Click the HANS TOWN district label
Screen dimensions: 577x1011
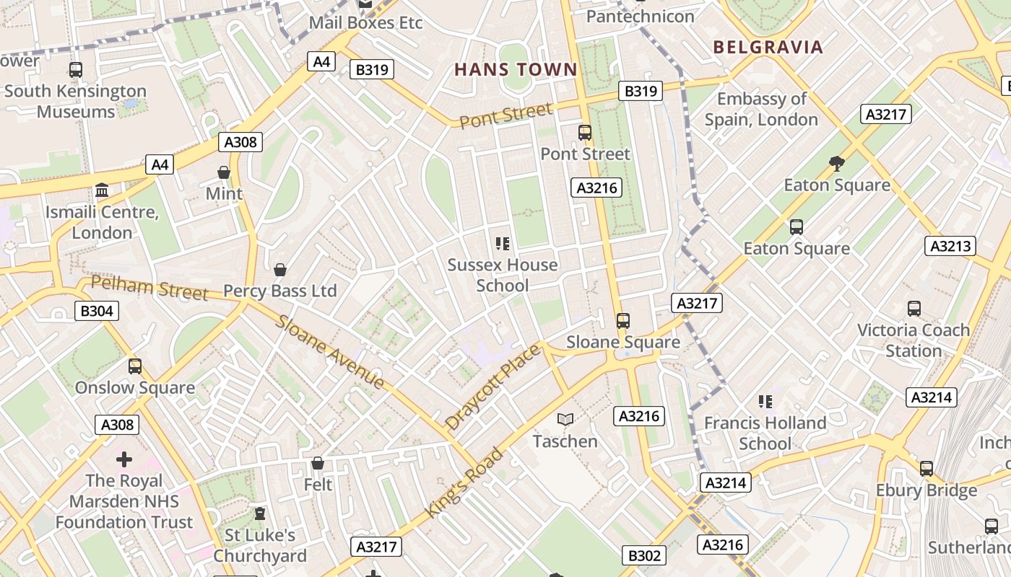click(516, 70)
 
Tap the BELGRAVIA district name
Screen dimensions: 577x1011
click(768, 48)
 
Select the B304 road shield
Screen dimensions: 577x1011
click(96, 311)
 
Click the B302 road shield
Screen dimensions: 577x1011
click(643, 555)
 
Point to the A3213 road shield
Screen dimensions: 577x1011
click(950, 246)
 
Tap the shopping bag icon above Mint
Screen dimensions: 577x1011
click(224, 173)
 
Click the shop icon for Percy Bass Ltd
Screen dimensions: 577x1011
click(280, 270)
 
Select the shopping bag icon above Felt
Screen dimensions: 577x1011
click(317, 463)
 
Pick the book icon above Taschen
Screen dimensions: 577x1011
click(565, 419)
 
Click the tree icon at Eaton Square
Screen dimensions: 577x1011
click(837, 164)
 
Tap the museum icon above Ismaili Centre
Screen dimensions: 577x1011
click(102, 191)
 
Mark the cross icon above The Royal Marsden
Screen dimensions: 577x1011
click(124, 459)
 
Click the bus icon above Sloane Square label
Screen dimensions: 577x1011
click(622, 321)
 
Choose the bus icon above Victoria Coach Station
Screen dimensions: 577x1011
click(914, 309)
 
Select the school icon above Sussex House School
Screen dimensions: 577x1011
click(503, 244)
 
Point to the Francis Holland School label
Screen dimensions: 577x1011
click(765, 433)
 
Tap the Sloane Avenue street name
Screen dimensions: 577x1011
click(329, 352)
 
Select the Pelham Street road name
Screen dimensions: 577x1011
click(149, 288)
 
